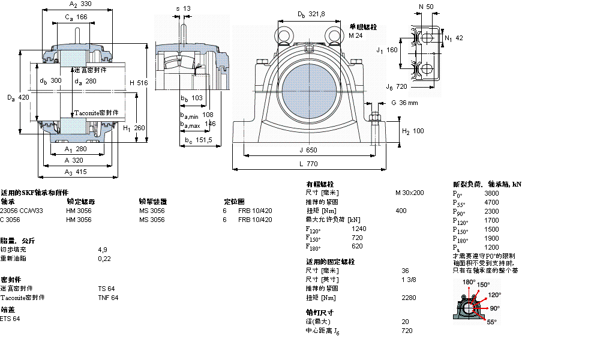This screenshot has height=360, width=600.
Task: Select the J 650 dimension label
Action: [310, 150]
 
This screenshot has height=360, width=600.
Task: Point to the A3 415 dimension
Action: [76, 172]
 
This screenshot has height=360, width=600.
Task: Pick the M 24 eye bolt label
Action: [356, 35]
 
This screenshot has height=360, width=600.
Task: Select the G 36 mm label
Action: [404, 103]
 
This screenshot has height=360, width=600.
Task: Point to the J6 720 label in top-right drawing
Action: [397, 86]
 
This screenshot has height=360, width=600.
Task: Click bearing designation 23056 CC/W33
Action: [22, 211]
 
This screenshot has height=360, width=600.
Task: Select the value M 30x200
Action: [409, 193]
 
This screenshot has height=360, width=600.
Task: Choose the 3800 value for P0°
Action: [491, 193]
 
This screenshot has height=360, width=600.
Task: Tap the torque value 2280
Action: [409, 297]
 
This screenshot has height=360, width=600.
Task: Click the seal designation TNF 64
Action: [108, 298]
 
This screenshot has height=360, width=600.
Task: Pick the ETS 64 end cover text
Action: [10, 319]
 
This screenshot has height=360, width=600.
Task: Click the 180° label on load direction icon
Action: [468, 281]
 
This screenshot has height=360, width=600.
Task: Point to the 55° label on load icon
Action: [491, 322]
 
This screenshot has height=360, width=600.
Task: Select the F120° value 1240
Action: [359, 229]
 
